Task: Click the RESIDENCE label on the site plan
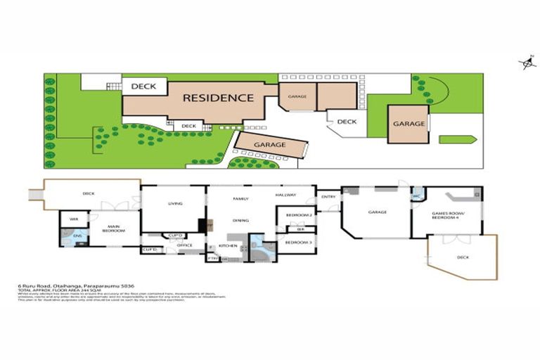(218, 98)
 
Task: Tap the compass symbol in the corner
(527, 64)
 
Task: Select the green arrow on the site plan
(458, 139)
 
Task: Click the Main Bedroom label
(110, 229)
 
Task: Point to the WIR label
(74, 219)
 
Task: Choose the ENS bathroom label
(77, 236)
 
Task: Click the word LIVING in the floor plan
(175, 204)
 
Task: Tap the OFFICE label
(185, 245)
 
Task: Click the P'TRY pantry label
(212, 259)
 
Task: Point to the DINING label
(241, 220)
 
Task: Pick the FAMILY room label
(241, 199)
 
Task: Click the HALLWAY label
(285, 195)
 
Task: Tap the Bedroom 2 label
(300, 214)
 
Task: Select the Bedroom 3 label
(300, 243)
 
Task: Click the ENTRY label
(328, 197)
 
